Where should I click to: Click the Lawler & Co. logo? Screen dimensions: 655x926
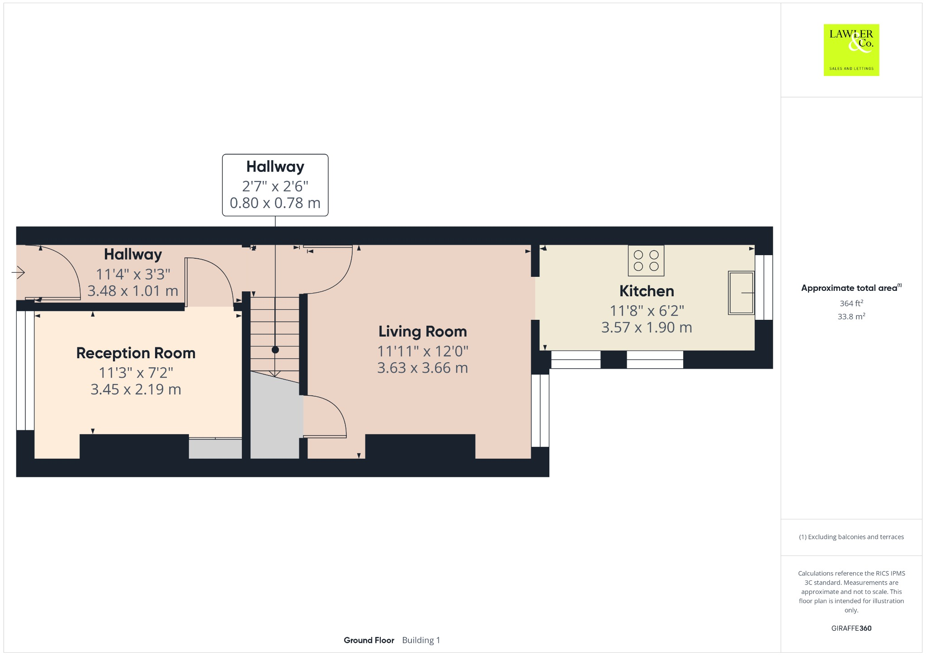pos(851,50)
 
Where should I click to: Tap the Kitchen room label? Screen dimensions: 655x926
pos(646,291)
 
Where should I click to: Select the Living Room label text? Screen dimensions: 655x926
pos(422,332)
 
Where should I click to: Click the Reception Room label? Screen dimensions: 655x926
pos(136,353)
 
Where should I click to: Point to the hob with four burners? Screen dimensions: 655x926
pos(646,261)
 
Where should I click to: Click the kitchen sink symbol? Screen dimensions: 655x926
pos(741,293)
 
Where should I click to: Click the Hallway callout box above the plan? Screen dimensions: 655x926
pos(275,185)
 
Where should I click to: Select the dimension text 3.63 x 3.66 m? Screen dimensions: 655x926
pos(422,368)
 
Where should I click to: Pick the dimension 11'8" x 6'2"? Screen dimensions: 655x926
pos(646,311)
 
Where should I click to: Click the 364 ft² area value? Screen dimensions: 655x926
pos(851,303)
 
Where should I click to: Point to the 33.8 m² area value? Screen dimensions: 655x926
pos(851,316)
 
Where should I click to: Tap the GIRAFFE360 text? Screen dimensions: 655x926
pos(851,628)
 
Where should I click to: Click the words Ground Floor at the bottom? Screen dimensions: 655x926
pos(369,640)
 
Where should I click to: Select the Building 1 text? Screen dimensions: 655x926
pos(420,640)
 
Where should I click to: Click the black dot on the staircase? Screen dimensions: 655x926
pos(275,350)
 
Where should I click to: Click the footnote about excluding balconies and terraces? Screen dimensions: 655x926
pos(851,537)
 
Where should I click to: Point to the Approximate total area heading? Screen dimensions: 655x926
pos(849,288)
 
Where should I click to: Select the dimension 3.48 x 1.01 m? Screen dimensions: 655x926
pos(132,291)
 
